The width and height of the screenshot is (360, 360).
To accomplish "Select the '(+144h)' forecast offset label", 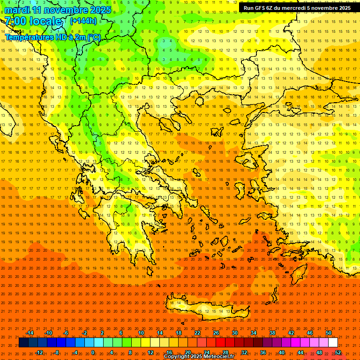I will coord(83,21).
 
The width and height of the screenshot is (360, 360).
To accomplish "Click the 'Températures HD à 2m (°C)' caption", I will coord(53,37).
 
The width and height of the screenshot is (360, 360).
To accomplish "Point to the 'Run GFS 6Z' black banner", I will coord(297,8).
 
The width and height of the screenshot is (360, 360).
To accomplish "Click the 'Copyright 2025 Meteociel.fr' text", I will coord(198,357).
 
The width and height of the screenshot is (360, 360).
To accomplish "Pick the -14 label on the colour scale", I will coord(30,333).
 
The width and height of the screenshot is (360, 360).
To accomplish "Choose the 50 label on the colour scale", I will coord(329,333).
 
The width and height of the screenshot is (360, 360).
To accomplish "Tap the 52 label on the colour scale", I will coord(338,352).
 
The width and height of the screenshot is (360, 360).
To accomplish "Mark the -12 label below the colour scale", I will coord(39,352).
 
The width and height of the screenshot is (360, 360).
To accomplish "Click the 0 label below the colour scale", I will coord(93,352).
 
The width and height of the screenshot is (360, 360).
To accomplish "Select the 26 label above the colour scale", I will coord(216,333).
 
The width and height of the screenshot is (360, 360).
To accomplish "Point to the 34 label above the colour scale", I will coord(254,333).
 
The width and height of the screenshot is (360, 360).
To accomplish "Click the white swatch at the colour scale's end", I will coord(333,343).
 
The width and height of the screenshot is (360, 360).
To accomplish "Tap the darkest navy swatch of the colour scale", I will coord(24,343).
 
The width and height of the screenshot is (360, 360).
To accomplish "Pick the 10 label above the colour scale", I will coord(141,333).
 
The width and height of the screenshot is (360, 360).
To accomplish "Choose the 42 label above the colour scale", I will coord(291,333).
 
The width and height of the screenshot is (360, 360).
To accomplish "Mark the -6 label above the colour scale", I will coord(66,333).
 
